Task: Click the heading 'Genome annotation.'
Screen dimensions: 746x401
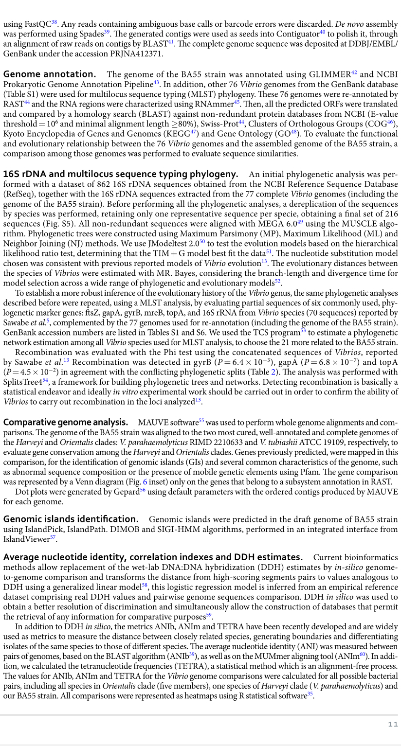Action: [x=49, y=74]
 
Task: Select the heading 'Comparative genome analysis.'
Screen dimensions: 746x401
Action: [x=66, y=422]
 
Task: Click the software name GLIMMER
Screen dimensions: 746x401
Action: [x=330, y=74]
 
